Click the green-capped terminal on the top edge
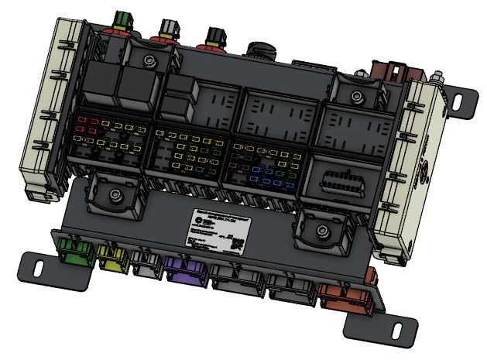tap(122, 18)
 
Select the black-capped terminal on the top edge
tap(211, 36)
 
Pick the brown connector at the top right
tap(389, 72)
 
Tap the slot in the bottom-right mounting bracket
tap(396, 331)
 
